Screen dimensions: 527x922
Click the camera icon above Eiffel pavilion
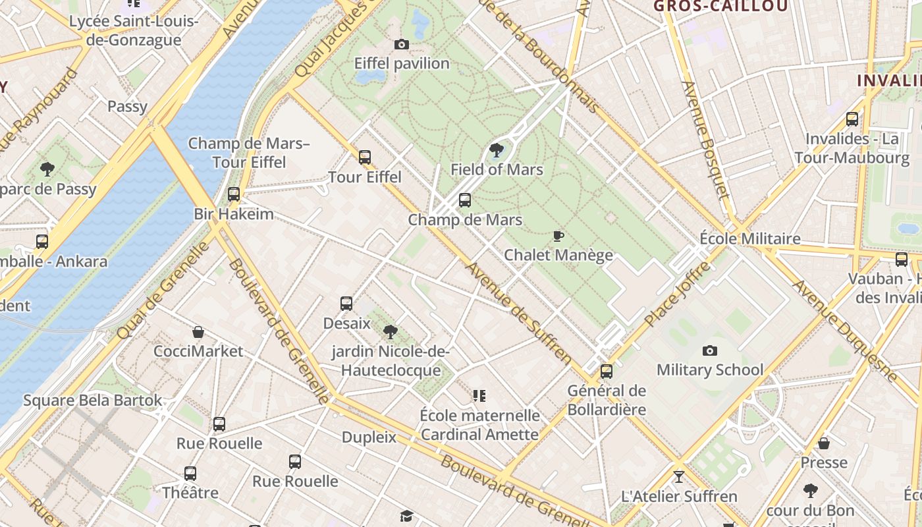point(401,44)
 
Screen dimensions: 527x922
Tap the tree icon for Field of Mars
point(497,150)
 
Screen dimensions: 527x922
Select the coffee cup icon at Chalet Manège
point(558,236)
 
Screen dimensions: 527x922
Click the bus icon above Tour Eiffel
point(365,157)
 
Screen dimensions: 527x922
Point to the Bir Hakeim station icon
point(234,194)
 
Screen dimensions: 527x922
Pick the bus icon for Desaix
point(346,304)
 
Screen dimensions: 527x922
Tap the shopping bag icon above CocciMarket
point(198,332)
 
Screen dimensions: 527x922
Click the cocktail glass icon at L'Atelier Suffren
point(679,476)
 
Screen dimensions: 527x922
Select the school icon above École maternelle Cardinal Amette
point(479,396)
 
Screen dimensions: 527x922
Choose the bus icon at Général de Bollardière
point(607,372)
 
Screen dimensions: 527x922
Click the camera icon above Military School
point(709,350)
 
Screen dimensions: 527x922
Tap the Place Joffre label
point(678,294)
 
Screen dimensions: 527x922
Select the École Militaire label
point(749,238)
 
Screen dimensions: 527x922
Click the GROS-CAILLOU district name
point(720,7)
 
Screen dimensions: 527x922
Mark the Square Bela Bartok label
point(92,401)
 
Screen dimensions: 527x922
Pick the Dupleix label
point(369,437)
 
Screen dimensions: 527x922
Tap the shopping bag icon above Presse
point(823,443)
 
